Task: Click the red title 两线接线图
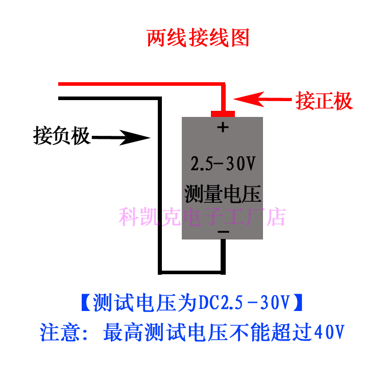pyautogui.click(x=198, y=38)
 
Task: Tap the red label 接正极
pyautogui.click(x=324, y=101)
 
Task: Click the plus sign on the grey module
pyautogui.click(x=222, y=127)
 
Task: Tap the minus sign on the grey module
pyautogui.click(x=223, y=232)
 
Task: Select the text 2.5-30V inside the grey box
pyautogui.click(x=223, y=164)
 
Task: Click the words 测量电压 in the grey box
pyautogui.click(x=223, y=194)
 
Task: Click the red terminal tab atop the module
pyautogui.click(x=223, y=112)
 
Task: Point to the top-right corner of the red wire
pyautogui.click(x=223, y=84)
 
